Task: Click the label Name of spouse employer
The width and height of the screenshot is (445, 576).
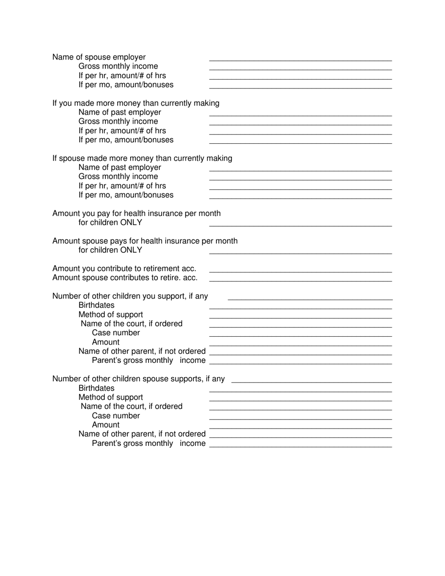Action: pos(99,57)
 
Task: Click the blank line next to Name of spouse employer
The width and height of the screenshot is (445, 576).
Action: pos(300,60)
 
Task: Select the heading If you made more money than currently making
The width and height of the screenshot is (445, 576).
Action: pos(136,103)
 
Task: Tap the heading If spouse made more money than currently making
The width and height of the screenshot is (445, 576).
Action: pos(142,158)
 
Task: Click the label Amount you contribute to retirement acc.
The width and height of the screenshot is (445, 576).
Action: pos(124,269)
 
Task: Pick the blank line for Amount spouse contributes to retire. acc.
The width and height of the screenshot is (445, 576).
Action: pos(300,281)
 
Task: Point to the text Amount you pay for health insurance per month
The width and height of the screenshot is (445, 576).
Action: pos(136,214)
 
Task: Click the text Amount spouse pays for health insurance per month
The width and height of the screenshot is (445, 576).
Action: pos(145,241)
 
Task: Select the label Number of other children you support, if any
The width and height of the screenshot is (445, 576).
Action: pos(130,296)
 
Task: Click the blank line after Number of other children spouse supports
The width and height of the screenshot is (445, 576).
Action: pos(311,382)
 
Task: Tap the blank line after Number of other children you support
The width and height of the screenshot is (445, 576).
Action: pos(310,299)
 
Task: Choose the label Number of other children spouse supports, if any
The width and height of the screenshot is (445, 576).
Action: pos(138,379)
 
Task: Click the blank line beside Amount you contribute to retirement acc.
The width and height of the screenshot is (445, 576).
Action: pos(300,272)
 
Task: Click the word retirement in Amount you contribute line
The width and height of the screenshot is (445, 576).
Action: pos(160,269)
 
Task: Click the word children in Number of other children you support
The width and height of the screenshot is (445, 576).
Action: pos(121,296)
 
